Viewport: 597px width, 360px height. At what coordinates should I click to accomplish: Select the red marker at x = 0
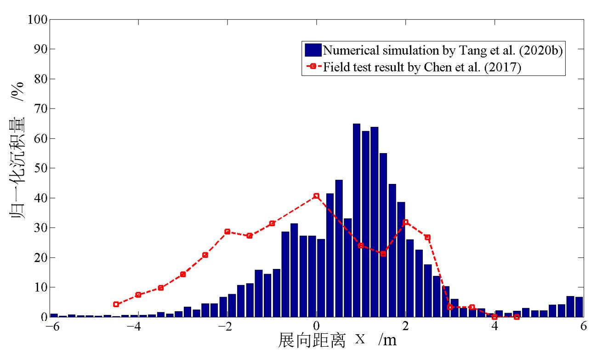(316, 196)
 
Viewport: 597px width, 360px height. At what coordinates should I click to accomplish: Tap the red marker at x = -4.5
(116, 304)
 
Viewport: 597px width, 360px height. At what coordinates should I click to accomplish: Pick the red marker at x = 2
(405, 222)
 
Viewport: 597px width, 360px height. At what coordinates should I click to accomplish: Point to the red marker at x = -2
(227, 232)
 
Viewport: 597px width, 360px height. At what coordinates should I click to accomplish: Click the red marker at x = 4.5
(517, 317)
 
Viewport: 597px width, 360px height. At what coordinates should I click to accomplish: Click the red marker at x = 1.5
(383, 254)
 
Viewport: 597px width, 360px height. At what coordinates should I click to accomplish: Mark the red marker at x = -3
(183, 274)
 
